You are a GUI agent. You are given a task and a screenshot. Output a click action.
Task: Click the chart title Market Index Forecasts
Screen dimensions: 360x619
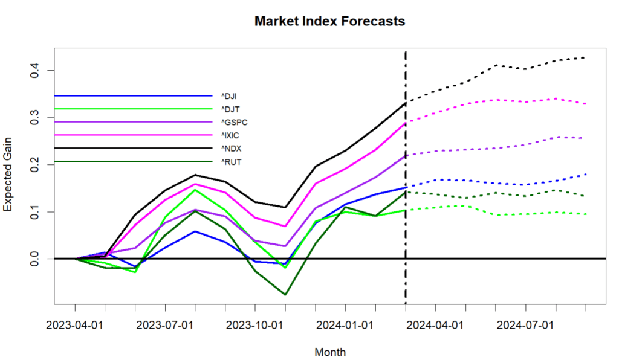(x=329, y=21)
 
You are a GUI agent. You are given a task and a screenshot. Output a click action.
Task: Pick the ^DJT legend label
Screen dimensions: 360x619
(x=230, y=109)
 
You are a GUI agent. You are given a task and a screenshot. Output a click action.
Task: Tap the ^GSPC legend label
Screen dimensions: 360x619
(x=233, y=122)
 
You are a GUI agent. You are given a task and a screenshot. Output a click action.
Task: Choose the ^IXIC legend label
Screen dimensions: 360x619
(x=231, y=135)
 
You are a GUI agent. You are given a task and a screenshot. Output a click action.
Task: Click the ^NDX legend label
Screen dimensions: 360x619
(x=230, y=148)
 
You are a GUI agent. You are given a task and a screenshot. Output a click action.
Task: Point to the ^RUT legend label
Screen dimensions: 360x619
(x=230, y=161)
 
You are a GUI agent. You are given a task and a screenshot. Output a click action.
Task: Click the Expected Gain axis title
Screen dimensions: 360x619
(x=8, y=181)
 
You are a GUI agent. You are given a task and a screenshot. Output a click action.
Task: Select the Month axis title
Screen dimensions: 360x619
(x=330, y=352)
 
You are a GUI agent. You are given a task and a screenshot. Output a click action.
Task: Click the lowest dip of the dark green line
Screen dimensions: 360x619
(x=285, y=295)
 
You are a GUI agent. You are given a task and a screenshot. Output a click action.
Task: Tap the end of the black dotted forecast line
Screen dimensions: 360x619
(x=585, y=57)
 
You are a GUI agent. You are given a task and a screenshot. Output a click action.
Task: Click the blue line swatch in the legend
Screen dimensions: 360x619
(x=133, y=95)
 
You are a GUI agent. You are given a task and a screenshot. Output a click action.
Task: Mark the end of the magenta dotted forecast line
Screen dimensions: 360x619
(x=585, y=104)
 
